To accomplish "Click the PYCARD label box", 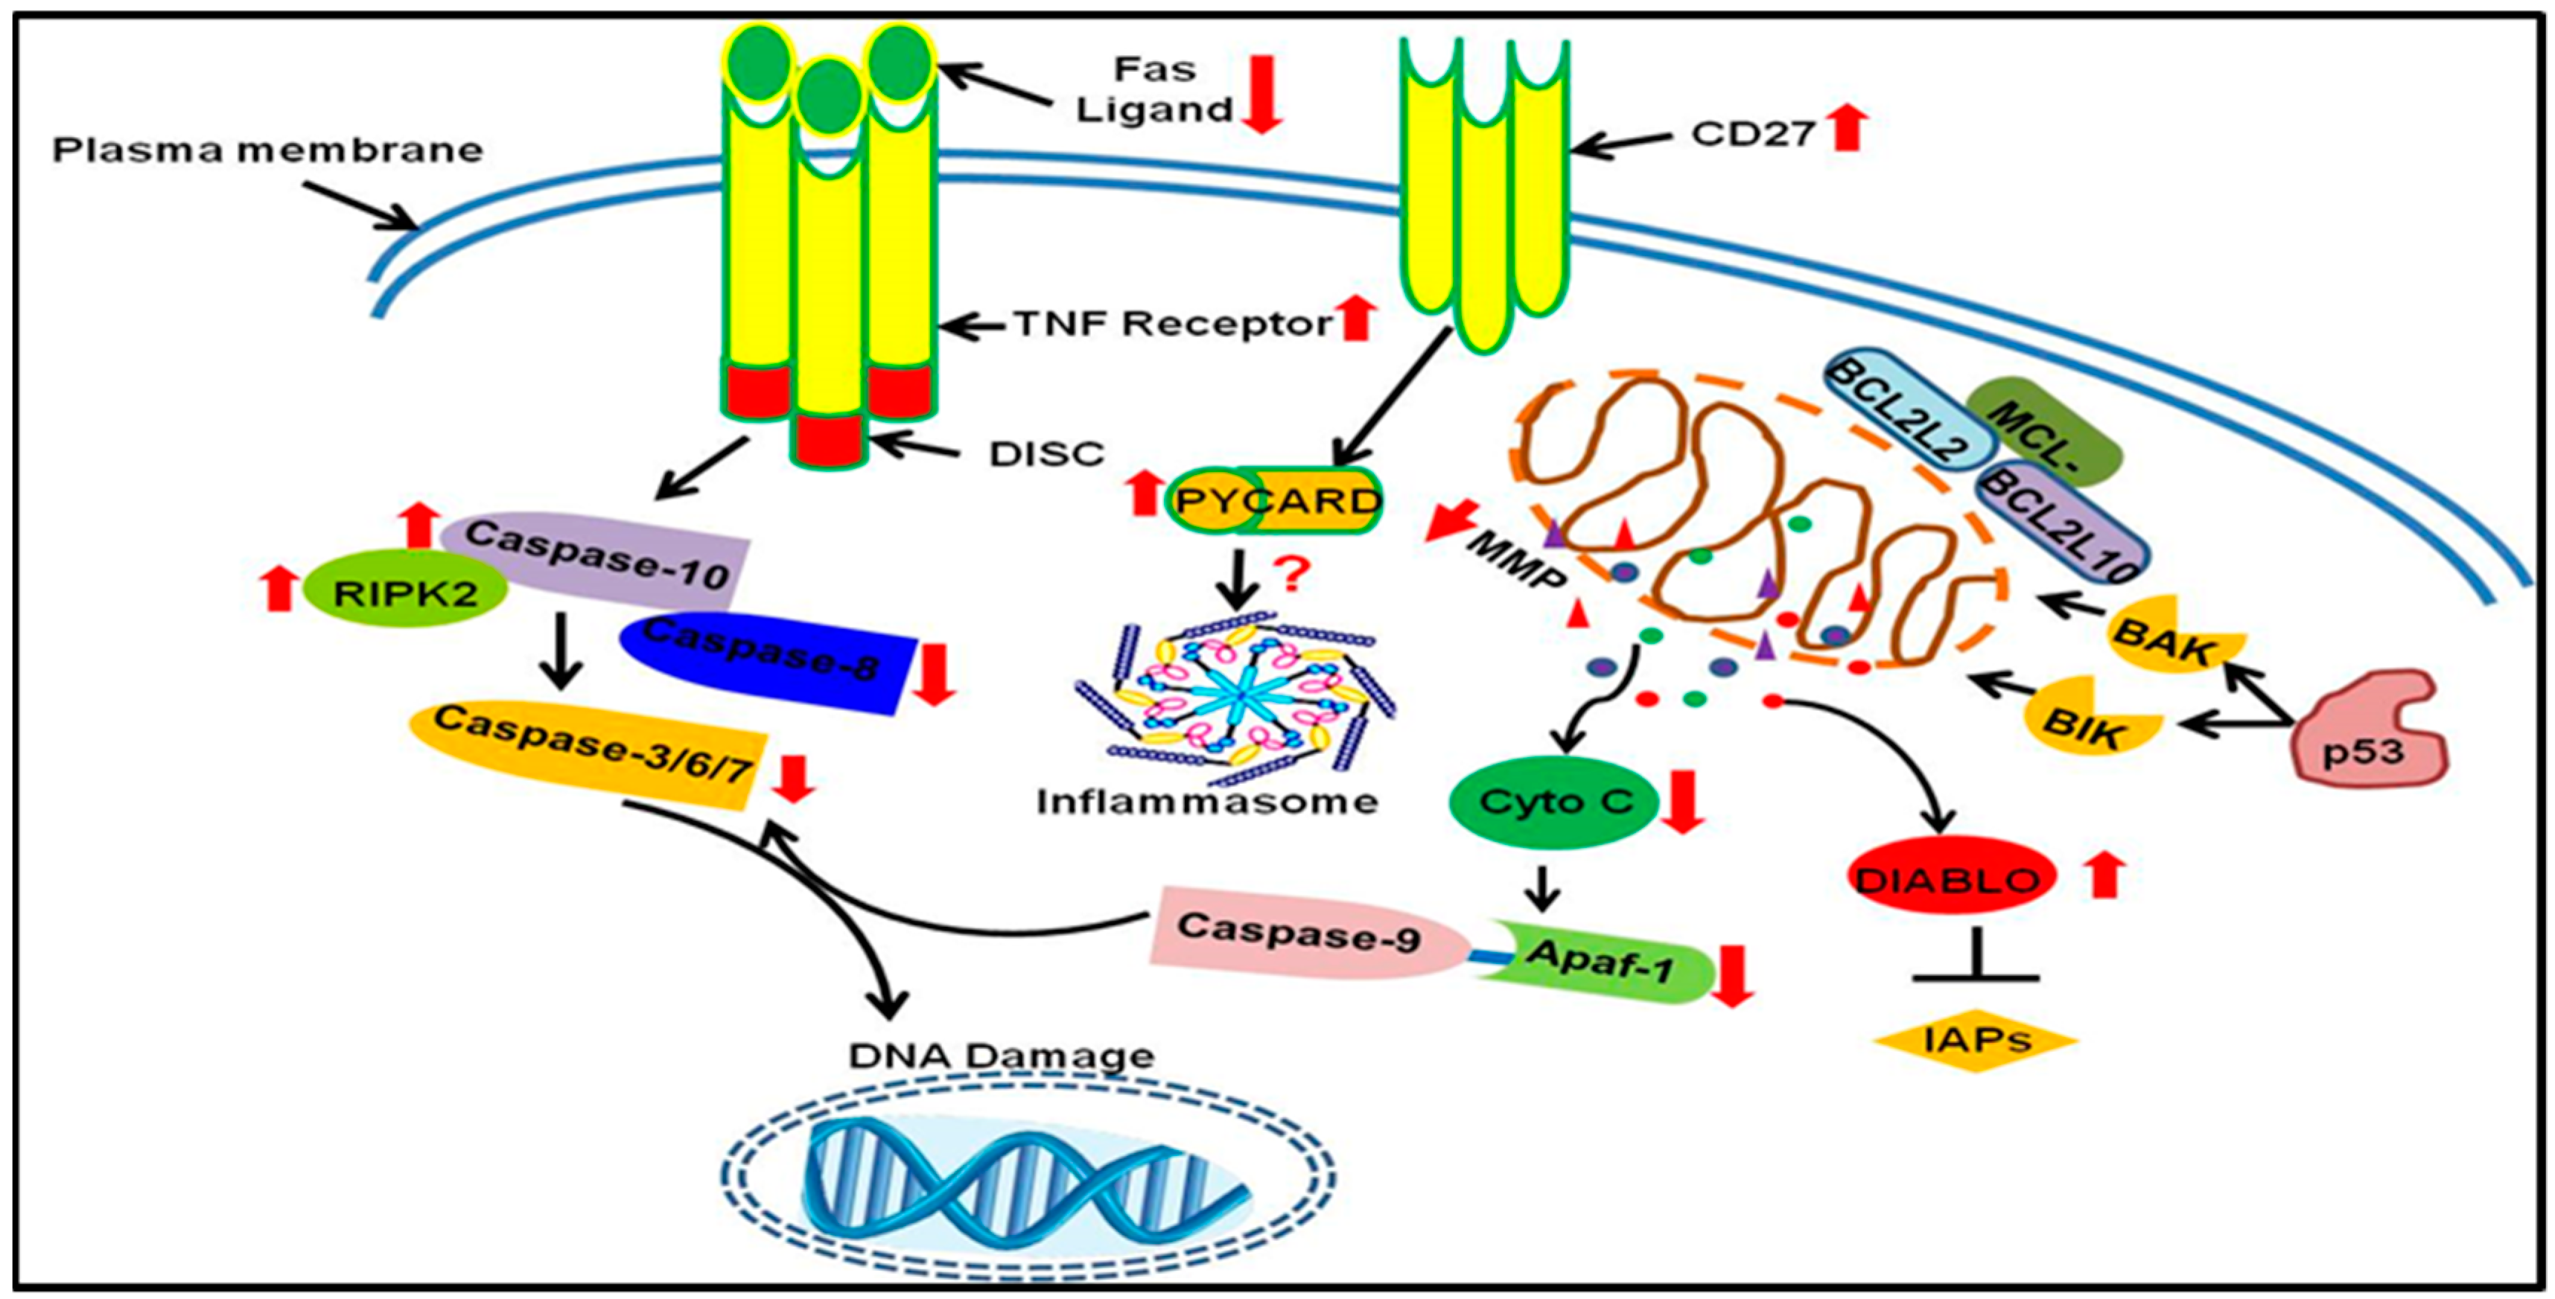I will click(1276, 501).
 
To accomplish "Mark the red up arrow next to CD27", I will click(1846, 129).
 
